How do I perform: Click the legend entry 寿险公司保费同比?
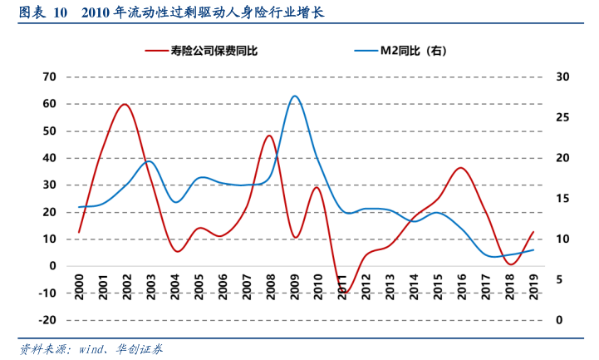[x=214, y=51]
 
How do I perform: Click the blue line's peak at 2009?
[x=294, y=96]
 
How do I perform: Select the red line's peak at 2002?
[x=125, y=104]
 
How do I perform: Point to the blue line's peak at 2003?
[x=150, y=161]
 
